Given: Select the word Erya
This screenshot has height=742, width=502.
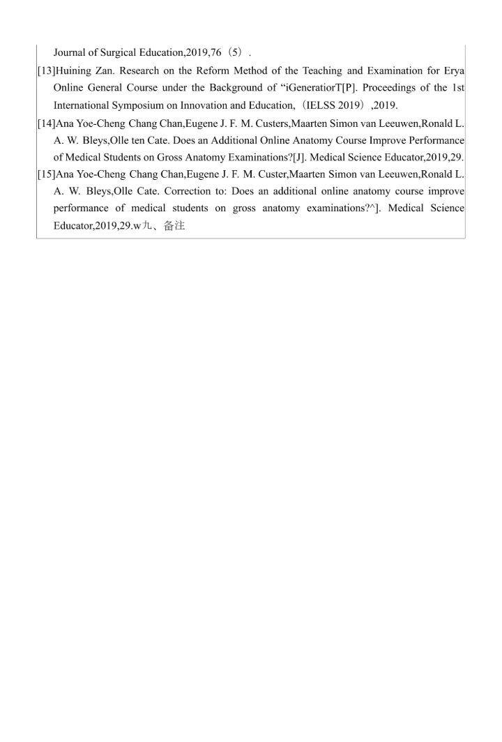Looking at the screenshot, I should tap(452, 70).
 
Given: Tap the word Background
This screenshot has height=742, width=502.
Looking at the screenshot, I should tap(266, 88).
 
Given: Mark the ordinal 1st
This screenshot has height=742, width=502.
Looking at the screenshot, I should tap(457, 88).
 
